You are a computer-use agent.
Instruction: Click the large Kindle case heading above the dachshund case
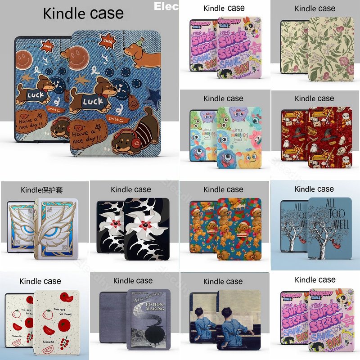click(x=83, y=13)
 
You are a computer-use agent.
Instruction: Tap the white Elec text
click(x=166, y=6)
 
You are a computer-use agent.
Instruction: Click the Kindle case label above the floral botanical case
click(x=315, y=9)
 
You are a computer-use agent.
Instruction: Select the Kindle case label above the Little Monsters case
click(x=223, y=99)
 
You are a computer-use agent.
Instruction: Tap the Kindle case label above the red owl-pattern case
click(x=315, y=99)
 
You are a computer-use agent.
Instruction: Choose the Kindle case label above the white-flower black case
click(x=131, y=189)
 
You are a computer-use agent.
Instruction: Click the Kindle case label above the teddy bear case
click(x=223, y=189)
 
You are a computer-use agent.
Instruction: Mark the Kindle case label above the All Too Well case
click(x=314, y=189)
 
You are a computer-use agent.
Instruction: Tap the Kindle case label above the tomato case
click(x=40, y=281)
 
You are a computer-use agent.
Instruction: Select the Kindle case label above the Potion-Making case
click(x=133, y=281)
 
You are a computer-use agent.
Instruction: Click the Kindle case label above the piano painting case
click(x=223, y=281)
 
